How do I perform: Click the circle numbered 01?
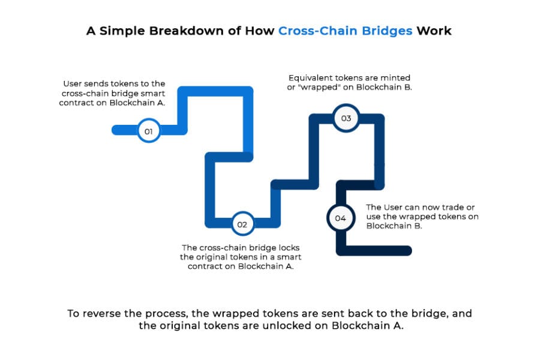click(x=148, y=130)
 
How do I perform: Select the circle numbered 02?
click(x=242, y=224)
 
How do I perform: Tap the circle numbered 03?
click(x=346, y=118)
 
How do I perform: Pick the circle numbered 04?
click(x=340, y=218)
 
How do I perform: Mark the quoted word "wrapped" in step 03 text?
click(x=319, y=88)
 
